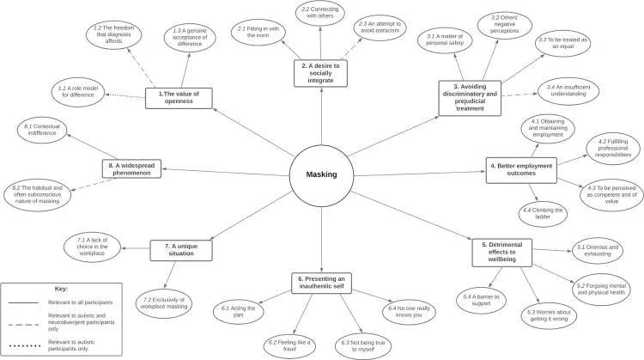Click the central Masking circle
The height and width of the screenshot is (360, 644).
point(321,175)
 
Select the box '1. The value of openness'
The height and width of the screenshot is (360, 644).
point(179,98)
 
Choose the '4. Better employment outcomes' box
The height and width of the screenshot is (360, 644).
point(520,168)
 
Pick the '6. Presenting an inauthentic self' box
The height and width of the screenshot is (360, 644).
point(321,283)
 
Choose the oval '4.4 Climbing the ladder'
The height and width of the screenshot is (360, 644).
point(544,213)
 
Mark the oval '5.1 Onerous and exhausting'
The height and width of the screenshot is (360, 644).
point(598,250)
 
